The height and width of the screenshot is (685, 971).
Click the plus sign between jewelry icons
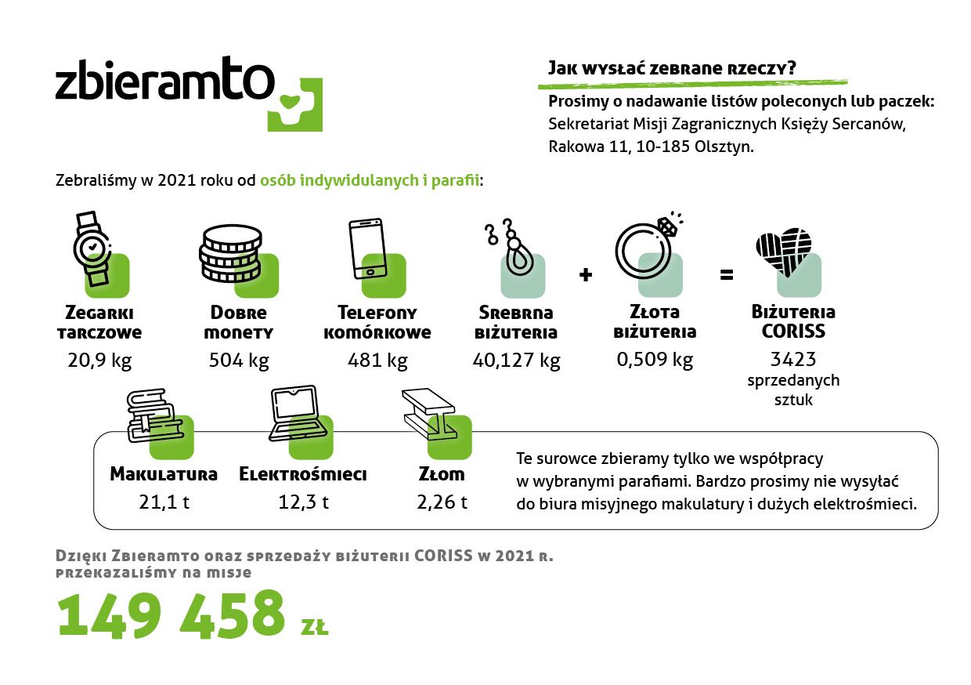tap(586, 274)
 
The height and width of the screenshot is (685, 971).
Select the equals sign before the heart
tap(727, 274)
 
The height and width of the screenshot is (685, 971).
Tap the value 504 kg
tap(239, 361)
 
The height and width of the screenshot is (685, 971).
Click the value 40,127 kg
tap(516, 361)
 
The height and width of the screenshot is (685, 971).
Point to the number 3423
tap(793, 359)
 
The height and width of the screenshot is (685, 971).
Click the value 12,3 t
tap(304, 502)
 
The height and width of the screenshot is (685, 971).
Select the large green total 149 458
tap(171, 614)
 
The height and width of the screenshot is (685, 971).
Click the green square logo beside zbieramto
tap(295, 104)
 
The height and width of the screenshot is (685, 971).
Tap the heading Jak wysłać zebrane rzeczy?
tap(672, 68)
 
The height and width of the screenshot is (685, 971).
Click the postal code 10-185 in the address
tap(662, 147)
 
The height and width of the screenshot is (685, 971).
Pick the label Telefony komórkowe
tap(377, 322)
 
